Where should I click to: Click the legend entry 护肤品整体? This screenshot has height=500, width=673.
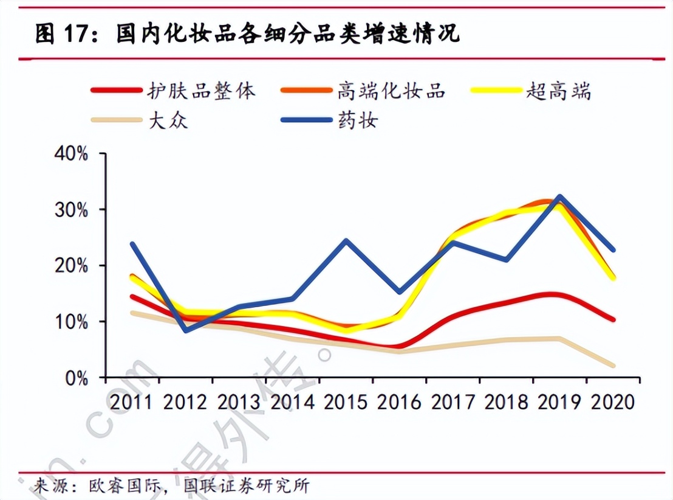tap(201, 91)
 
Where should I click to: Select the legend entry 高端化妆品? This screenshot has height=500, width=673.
tap(391, 91)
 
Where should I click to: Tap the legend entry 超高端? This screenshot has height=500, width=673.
tap(558, 91)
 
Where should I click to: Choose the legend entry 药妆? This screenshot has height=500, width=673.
tap(358, 120)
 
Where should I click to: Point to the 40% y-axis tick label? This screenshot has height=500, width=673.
tap(72, 154)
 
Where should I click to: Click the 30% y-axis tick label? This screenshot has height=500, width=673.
tap(72, 210)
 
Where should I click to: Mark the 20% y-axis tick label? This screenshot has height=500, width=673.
tap(72, 266)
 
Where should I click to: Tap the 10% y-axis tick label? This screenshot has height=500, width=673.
tap(72, 322)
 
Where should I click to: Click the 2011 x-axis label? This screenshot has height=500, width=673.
tap(132, 402)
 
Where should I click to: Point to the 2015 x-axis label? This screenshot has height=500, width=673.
tap(346, 402)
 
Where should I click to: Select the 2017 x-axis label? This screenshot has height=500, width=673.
tap(453, 402)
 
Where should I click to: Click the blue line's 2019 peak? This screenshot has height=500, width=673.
tap(559, 196)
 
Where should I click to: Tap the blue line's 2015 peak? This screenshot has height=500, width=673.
tap(346, 240)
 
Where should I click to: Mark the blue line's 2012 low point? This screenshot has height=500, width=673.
tap(185, 330)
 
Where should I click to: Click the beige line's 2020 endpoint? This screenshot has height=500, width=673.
tap(613, 366)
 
